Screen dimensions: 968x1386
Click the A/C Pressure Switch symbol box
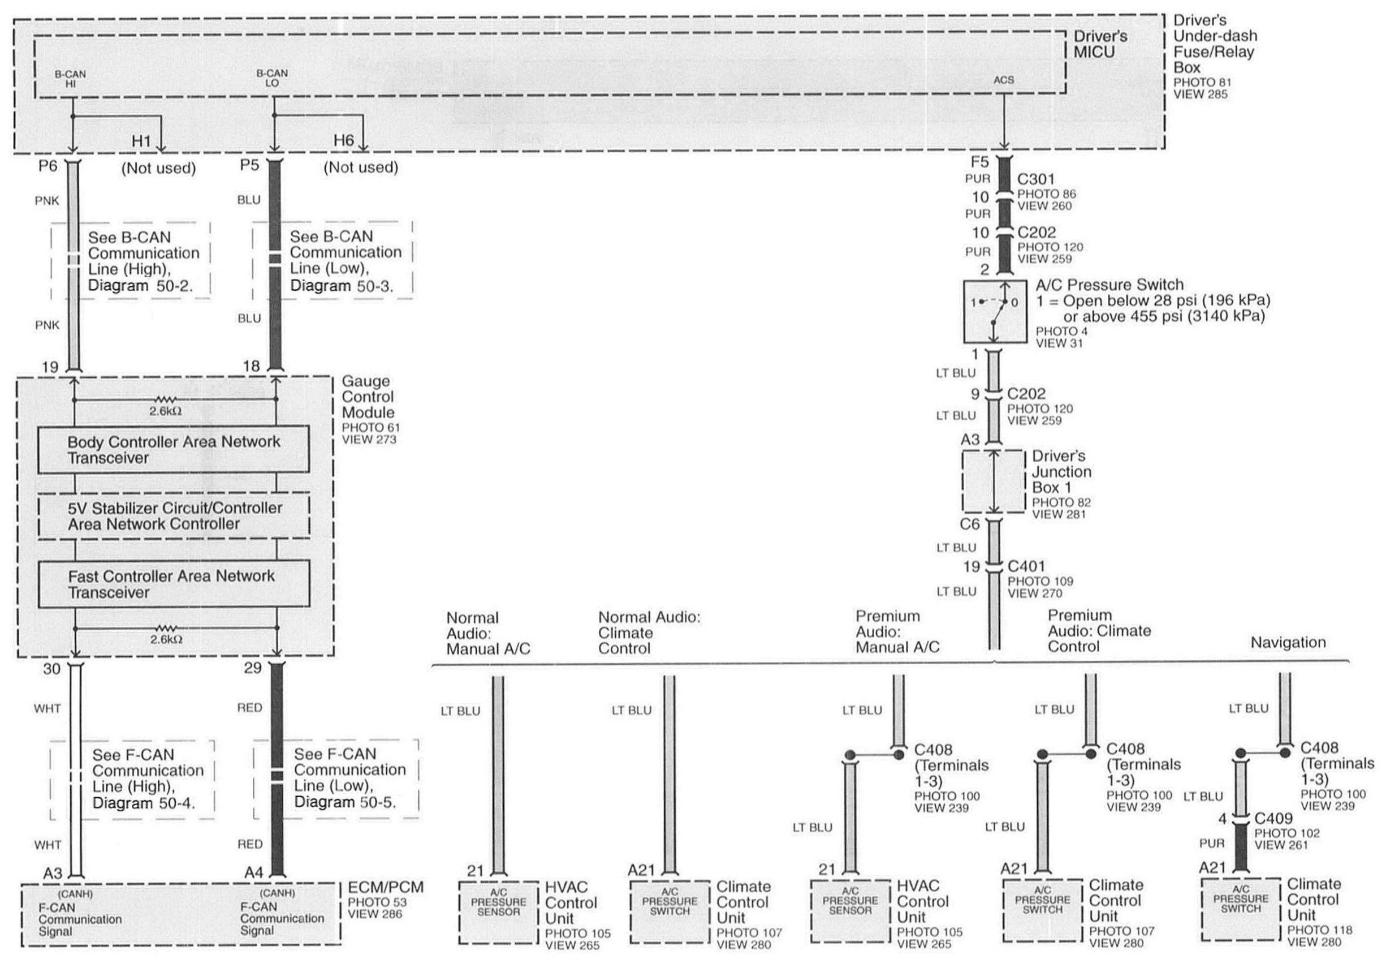(994, 312)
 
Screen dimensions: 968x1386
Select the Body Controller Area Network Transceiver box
(174, 450)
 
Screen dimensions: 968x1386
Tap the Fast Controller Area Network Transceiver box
(174, 584)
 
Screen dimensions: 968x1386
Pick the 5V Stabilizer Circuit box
(174, 516)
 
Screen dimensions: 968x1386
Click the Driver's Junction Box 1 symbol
(994, 482)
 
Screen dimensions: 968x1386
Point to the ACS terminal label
(1003, 80)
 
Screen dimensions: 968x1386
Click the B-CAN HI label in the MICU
(70, 79)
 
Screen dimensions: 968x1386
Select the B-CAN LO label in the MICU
(271, 79)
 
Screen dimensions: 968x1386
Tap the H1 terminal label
(141, 141)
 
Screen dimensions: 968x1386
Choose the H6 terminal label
(343, 141)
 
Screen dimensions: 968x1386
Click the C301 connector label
(1036, 179)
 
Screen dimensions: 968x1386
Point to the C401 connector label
(1026, 566)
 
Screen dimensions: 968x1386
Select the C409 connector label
(1273, 818)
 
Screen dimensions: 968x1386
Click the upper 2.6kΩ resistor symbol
(165, 400)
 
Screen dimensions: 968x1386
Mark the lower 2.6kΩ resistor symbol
(165, 628)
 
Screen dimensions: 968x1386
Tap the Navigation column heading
(1288, 643)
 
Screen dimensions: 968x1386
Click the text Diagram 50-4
(144, 803)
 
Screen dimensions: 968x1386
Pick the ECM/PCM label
(386, 887)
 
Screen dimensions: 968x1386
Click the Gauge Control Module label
(368, 397)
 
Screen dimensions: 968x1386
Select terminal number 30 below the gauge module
(52, 669)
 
